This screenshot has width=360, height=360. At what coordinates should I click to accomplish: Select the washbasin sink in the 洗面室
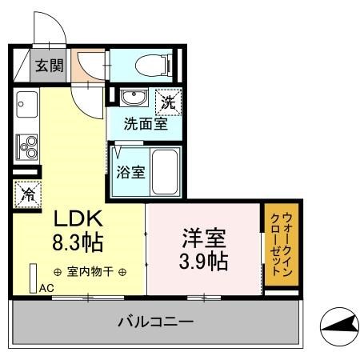click(132, 99)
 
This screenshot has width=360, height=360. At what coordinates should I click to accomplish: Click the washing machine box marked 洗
click(168, 102)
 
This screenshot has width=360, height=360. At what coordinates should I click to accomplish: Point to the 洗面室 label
click(146, 125)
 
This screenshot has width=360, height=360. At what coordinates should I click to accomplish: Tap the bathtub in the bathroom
click(166, 171)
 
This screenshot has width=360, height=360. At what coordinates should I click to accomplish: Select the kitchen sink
click(25, 105)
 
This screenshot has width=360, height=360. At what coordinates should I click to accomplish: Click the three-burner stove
click(26, 147)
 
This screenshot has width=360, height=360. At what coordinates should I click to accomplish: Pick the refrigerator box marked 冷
click(26, 194)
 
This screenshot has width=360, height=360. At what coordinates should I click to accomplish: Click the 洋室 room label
click(205, 238)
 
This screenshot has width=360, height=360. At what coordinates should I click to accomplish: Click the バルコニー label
click(155, 323)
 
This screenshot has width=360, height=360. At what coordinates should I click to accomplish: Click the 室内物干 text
click(89, 272)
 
